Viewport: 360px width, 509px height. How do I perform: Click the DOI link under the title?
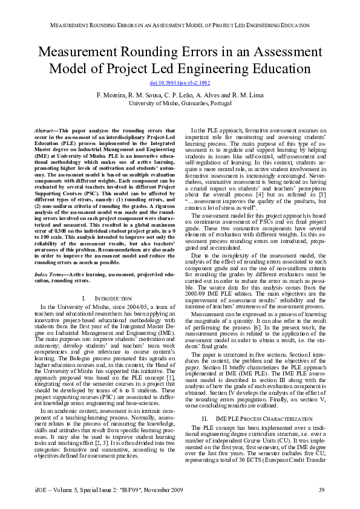pos(180,83)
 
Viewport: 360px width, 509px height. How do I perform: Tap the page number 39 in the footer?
pos(322,488)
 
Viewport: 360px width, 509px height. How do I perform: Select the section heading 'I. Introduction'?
pos(106,299)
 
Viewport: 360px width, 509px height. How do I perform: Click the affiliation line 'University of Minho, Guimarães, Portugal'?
pos(180,103)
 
